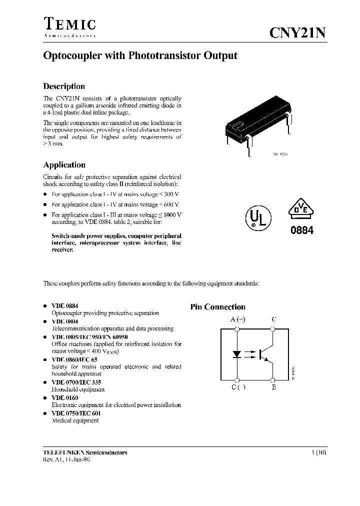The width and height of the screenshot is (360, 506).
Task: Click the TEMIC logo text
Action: (69, 24)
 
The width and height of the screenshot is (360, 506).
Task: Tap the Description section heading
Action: (64, 86)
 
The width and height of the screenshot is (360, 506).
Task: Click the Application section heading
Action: (64, 165)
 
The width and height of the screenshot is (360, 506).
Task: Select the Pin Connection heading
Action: (217, 307)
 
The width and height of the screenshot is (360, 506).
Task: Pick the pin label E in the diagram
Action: (274, 387)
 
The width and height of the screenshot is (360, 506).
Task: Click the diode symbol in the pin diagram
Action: (238, 354)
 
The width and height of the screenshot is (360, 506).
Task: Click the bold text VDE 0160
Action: (65, 397)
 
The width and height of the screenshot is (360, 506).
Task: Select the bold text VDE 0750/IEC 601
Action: (76, 413)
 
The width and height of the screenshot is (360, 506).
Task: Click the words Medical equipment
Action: (75, 420)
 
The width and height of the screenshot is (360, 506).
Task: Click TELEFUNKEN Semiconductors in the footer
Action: (85, 452)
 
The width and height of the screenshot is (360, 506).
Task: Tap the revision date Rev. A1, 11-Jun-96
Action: (67, 460)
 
